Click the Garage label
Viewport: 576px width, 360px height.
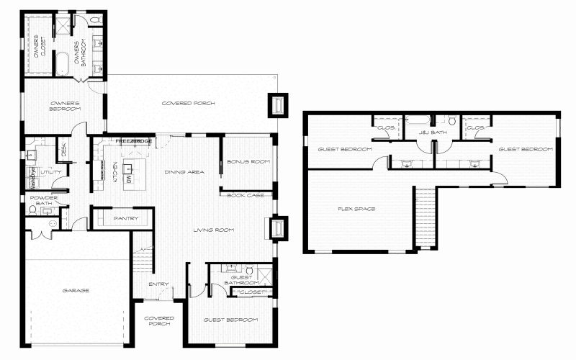coord(75,290)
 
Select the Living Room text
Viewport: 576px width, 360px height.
coord(215,230)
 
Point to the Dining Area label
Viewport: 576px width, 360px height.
coord(185,172)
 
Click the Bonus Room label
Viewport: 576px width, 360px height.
coord(248,161)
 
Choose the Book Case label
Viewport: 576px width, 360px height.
coord(246,195)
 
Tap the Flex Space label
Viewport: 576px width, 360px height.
coord(356,209)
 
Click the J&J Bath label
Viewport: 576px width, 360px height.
coord(433,132)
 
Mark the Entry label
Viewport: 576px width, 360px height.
coord(158,284)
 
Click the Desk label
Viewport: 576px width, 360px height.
coord(64,150)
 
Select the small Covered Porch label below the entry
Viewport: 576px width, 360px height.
coord(159,321)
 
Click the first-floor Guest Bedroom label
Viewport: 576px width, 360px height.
coord(230,320)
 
